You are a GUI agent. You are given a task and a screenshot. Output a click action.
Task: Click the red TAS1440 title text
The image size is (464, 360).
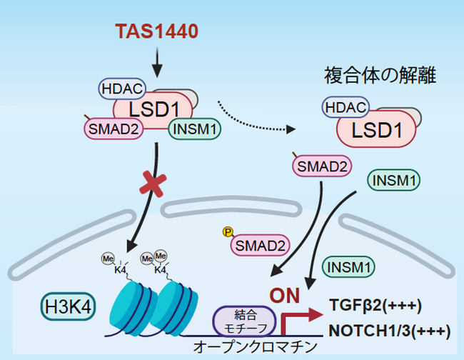158,31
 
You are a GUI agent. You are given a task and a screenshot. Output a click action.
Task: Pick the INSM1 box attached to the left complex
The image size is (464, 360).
195,130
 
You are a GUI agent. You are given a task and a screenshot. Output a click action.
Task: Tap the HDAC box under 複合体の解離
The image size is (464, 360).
346,106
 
